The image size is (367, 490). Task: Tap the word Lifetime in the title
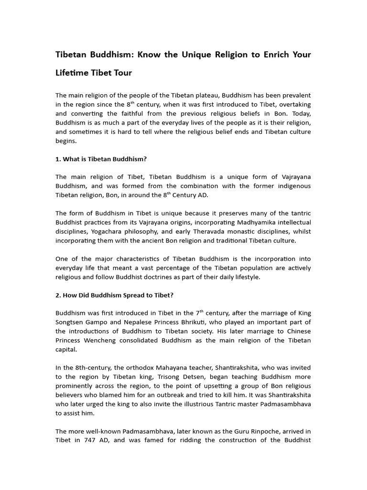(73, 73)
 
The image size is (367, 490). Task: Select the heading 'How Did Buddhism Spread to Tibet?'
(118, 295)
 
